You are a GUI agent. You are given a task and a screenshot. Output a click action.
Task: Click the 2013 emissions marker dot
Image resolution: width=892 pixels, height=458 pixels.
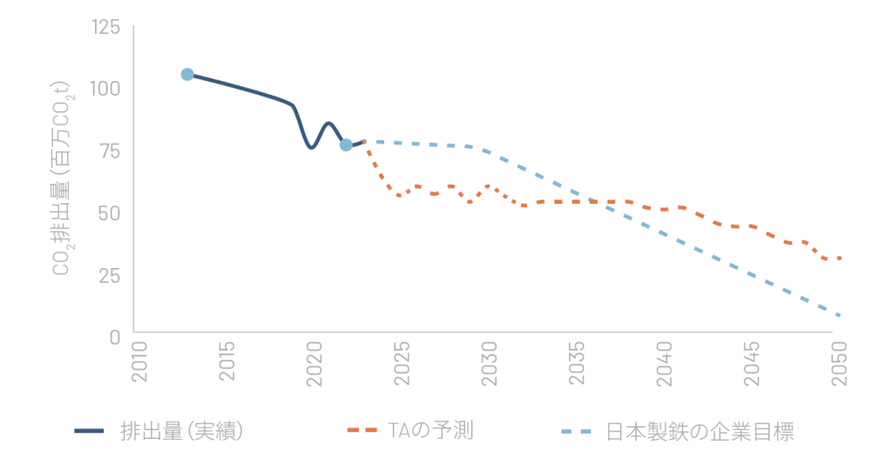point(186,75)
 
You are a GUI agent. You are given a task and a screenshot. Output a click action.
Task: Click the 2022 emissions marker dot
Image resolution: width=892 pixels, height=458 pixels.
point(346,145)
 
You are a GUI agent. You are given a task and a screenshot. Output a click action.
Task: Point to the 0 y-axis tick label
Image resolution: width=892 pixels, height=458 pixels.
point(116,336)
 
